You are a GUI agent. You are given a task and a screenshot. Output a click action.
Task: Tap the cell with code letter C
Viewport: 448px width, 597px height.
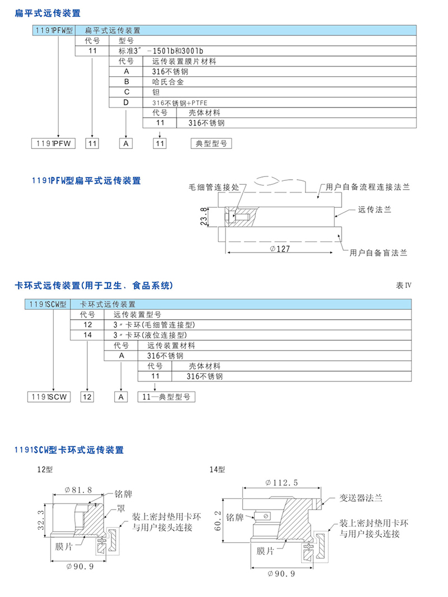[127, 92]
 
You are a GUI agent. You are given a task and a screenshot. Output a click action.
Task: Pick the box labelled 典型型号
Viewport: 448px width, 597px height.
[211, 144]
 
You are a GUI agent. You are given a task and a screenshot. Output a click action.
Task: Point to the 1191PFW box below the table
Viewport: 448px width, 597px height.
[53, 144]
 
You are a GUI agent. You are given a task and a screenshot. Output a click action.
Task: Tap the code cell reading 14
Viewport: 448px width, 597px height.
[87, 335]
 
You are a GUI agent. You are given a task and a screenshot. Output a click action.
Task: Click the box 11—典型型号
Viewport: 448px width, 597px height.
[166, 397]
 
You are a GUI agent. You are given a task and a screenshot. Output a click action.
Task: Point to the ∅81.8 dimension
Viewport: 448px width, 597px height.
[78, 490]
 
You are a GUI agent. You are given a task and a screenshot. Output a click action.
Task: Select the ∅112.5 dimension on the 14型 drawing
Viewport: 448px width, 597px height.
[281, 482]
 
